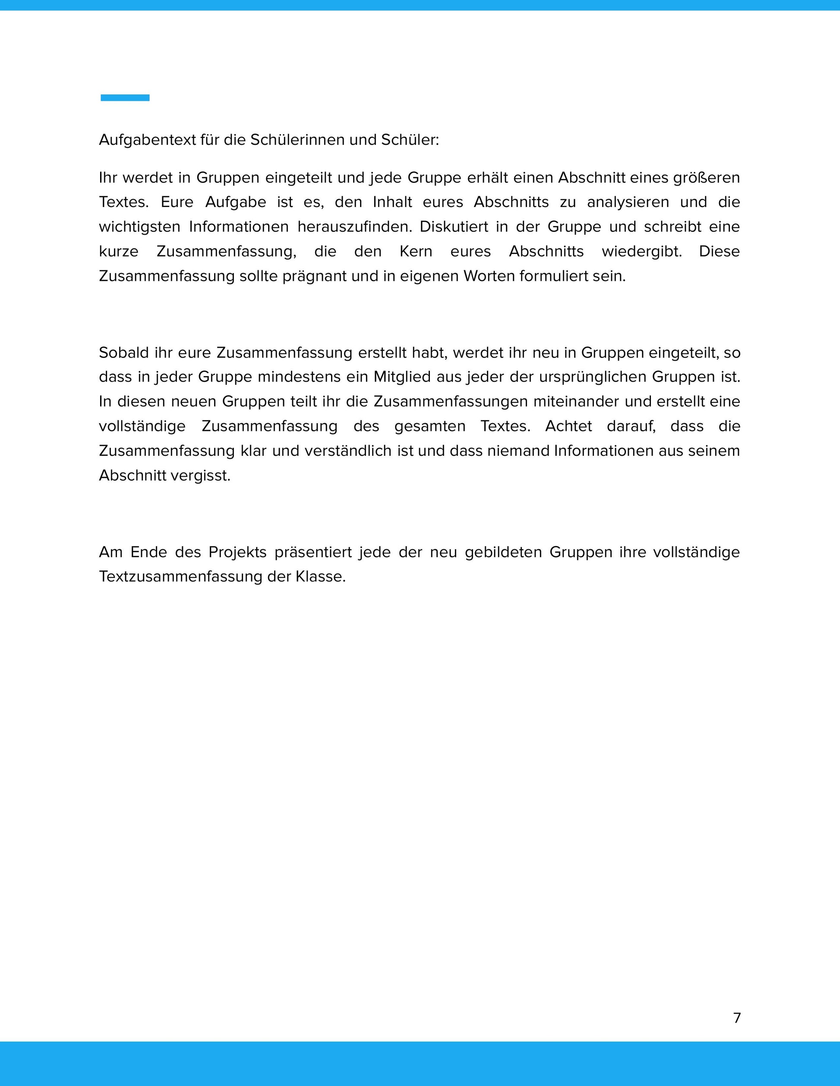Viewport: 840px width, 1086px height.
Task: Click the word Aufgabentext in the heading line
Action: [x=147, y=140]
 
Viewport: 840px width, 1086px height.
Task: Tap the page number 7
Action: [x=737, y=1018]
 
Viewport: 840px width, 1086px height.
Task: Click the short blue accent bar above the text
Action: [x=125, y=97]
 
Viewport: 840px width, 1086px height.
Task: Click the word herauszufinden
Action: [x=355, y=227]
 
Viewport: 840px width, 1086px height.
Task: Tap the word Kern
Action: [x=416, y=251]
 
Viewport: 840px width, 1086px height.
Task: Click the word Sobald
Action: [x=123, y=352]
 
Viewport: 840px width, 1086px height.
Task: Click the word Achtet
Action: [x=568, y=426]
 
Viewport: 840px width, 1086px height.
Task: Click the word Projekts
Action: [x=237, y=552]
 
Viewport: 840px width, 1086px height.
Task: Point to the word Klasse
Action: [x=320, y=577]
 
